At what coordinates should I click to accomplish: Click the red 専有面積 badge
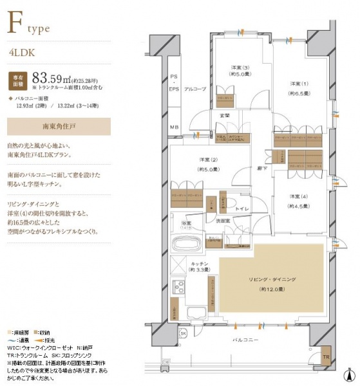(x=19, y=80)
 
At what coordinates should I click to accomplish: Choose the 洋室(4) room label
(x=298, y=201)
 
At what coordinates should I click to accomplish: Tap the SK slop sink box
(x=182, y=333)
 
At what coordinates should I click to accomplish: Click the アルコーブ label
(x=194, y=88)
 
